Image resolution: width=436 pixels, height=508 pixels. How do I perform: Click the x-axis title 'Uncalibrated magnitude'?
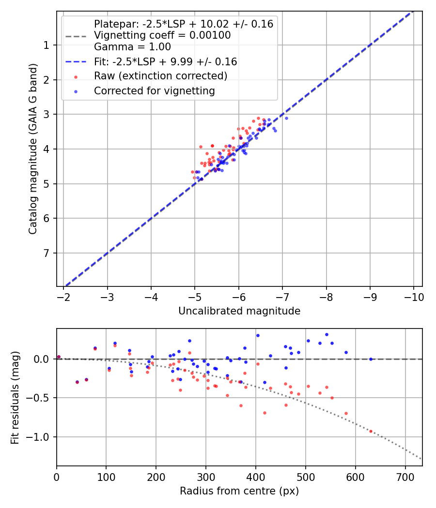click(239, 311)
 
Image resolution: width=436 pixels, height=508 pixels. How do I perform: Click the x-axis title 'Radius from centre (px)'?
click(239, 491)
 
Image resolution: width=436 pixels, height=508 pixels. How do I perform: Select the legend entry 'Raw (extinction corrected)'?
click(160, 76)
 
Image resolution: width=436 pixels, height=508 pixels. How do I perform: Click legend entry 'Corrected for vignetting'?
click(154, 90)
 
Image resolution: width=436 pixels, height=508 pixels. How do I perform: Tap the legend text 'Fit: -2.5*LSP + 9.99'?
click(165, 61)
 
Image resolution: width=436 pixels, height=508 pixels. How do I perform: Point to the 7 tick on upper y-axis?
click(46, 253)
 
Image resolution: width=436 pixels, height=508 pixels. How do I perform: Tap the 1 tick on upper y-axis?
click(46, 45)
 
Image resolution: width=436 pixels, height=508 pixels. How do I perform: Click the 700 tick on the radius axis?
click(356, 477)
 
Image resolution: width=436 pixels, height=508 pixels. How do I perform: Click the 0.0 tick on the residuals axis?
click(43, 359)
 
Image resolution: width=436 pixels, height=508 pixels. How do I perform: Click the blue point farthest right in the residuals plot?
click(371, 359)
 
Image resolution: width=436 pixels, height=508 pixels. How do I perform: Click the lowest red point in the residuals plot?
click(371, 431)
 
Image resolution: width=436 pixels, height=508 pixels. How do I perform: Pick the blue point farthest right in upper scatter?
click(286, 118)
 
